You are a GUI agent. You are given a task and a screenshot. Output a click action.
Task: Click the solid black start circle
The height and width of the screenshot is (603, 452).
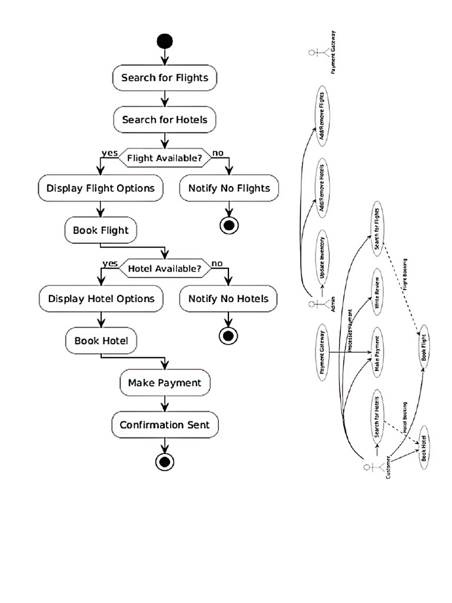[165, 41]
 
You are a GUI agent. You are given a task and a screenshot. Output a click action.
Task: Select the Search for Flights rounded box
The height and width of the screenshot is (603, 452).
[165, 78]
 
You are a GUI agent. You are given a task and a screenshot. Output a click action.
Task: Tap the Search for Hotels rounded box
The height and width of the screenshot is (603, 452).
[165, 120]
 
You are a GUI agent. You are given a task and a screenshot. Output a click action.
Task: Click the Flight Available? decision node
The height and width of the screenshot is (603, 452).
[164, 157]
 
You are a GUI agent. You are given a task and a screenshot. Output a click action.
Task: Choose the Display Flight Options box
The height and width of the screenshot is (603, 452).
[100, 188]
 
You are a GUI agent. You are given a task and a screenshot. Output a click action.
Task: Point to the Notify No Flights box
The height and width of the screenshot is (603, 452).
[229, 188]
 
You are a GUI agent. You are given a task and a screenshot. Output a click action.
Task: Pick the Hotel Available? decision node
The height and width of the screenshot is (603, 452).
[164, 269]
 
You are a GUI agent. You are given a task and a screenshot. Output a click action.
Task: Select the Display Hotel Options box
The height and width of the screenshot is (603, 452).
[101, 299]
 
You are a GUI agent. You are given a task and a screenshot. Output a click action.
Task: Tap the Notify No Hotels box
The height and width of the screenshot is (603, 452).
[228, 299]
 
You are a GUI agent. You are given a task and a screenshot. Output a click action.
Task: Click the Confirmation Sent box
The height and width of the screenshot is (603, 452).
[165, 425]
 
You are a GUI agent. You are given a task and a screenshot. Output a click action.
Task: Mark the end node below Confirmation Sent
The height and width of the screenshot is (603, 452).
[165, 461]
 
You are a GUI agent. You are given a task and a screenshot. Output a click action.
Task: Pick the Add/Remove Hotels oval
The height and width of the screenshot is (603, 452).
[321, 185]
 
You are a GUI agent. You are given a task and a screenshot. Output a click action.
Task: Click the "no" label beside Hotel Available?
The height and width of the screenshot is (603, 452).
[217, 263]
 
